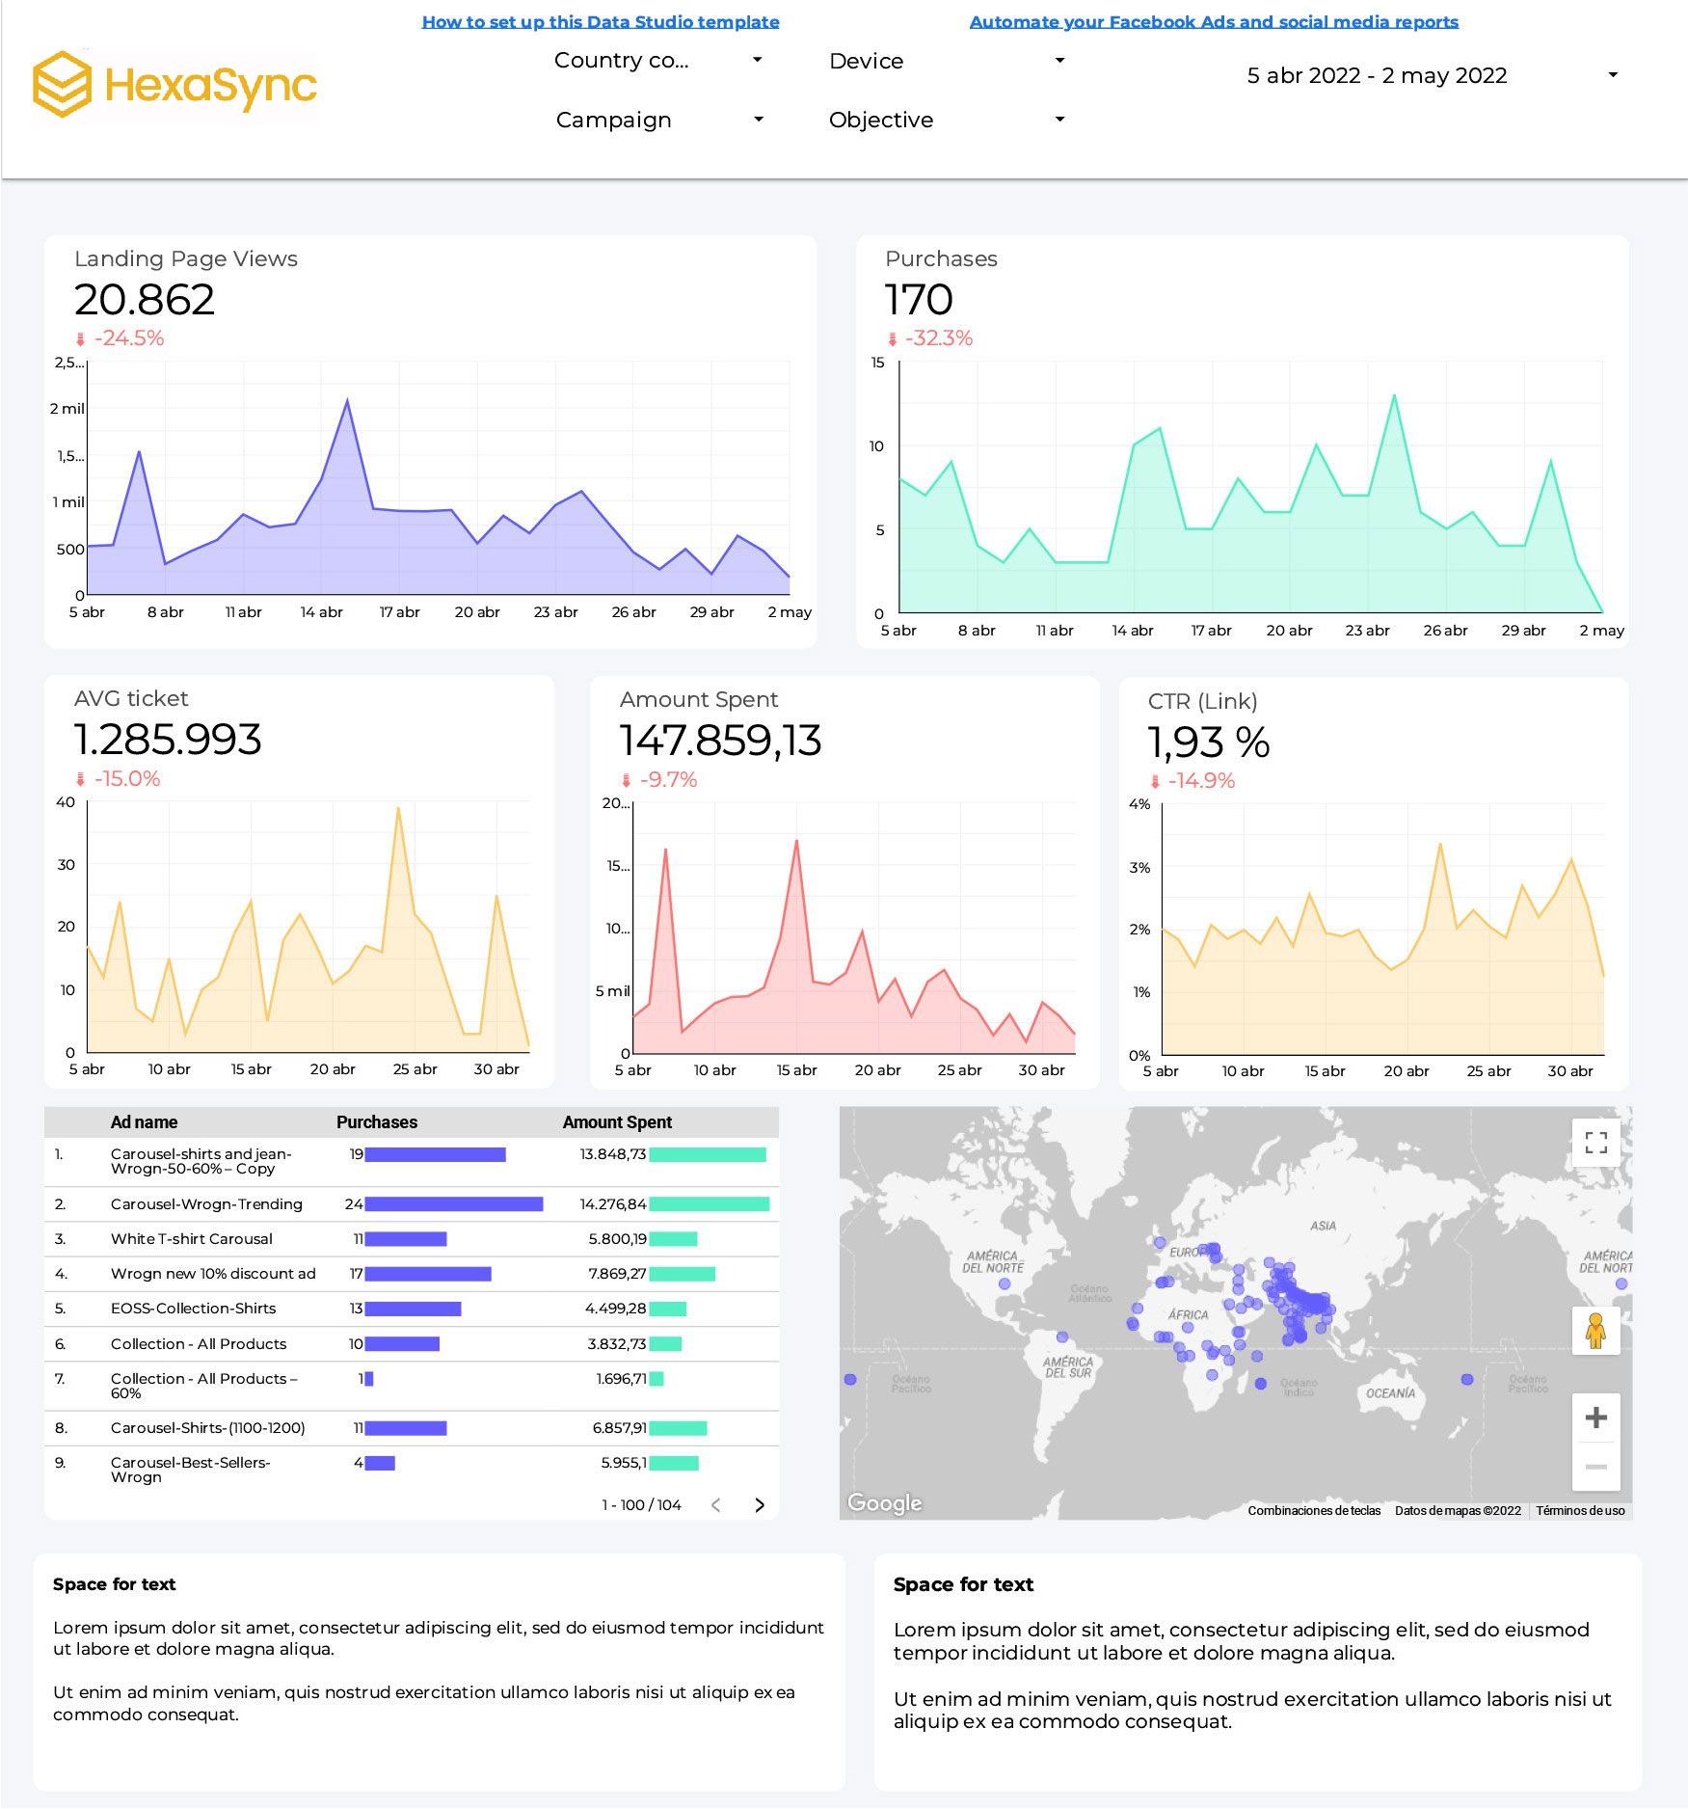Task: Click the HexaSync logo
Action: pyautogui.click(x=174, y=85)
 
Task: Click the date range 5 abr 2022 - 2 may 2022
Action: pyautogui.click(x=1377, y=75)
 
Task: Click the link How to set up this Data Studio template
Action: pyautogui.click(x=601, y=21)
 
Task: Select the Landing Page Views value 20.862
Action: pyautogui.click(x=145, y=300)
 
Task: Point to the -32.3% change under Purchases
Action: pyautogui.click(x=938, y=338)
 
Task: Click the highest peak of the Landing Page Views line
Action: pyautogui.click(x=347, y=400)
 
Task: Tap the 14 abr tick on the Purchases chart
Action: pyautogui.click(x=1132, y=630)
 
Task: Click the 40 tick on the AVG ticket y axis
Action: pyautogui.click(x=66, y=801)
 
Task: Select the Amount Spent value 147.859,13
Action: pyautogui.click(x=720, y=741)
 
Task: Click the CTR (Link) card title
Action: pyautogui.click(x=1202, y=701)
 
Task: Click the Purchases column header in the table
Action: pyautogui.click(x=376, y=1121)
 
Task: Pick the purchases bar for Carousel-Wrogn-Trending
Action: pyautogui.click(x=453, y=1203)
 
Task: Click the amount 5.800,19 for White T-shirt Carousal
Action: pyautogui.click(x=617, y=1238)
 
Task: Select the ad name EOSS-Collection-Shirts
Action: pyautogui.click(x=193, y=1308)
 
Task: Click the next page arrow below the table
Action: pyautogui.click(x=760, y=1504)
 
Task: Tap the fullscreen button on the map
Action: pyautogui.click(x=1595, y=1143)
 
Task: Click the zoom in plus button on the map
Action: pyautogui.click(x=1595, y=1417)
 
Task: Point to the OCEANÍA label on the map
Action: pyautogui.click(x=1390, y=1392)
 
